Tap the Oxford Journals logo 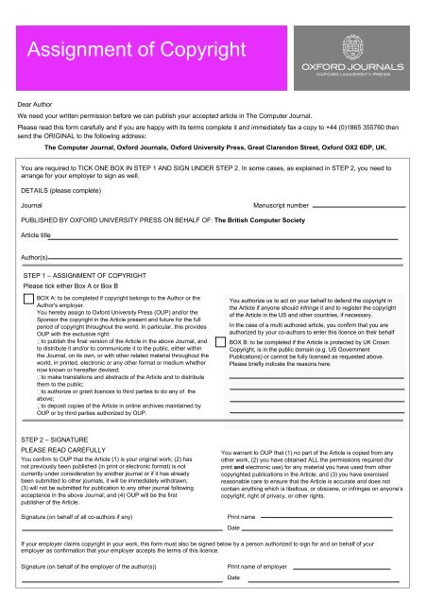point(360,50)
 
